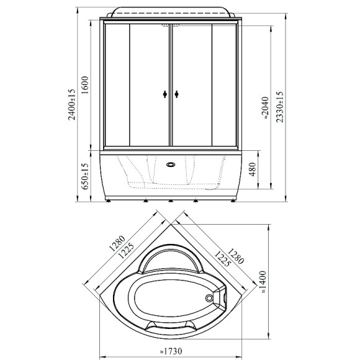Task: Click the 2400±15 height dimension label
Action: pyautogui.click(x=72, y=104)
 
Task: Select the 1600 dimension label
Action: pyautogui.click(x=85, y=85)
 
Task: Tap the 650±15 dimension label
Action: pyautogui.click(x=85, y=176)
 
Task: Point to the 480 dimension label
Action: pyautogui.click(x=253, y=169)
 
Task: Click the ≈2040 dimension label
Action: pyautogui.click(x=265, y=108)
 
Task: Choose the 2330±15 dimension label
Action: pyautogui.click(x=280, y=107)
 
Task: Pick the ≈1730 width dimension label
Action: pyautogui.click(x=171, y=351)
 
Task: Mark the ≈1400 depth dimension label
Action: pyautogui.click(x=263, y=282)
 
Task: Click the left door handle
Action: pyautogui.click(x=165, y=94)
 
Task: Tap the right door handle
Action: pyautogui.click(x=176, y=94)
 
